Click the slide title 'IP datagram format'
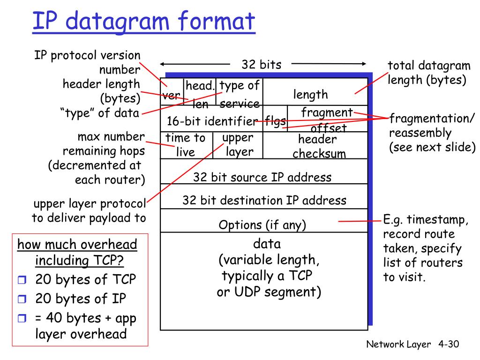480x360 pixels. [x=144, y=22]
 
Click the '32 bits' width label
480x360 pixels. [x=261, y=65]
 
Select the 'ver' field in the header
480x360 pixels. [x=172, y=95]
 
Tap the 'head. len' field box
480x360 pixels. [x=200, y=92]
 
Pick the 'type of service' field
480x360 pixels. [x=240, y=92]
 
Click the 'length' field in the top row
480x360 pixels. [x=310, y=95]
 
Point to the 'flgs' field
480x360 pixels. [x=275, y=121]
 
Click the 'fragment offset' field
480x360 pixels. [x=327, y=120]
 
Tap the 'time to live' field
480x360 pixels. [x=186, y=145]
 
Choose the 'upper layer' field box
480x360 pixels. [x=238, y=145]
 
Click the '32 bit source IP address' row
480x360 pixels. [x=262, y=177]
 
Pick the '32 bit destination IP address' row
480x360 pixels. [x=264, y=201]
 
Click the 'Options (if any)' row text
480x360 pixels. [x=262, y=225]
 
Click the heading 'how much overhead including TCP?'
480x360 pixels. [x=77, y=252]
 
